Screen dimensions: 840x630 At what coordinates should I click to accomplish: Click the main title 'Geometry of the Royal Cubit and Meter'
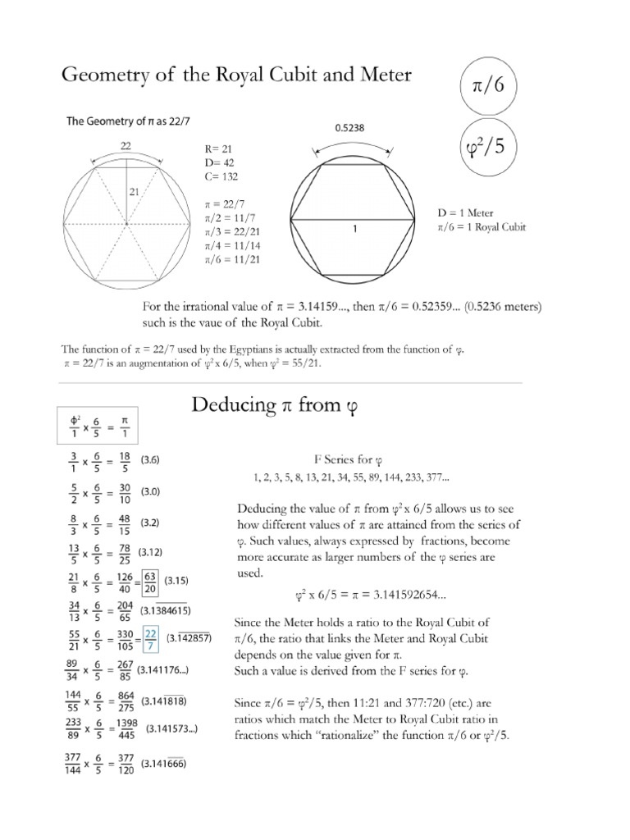237,75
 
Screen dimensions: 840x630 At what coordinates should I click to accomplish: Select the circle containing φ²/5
491,153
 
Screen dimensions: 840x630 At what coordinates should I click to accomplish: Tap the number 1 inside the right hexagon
354,231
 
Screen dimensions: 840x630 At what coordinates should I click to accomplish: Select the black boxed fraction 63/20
150,582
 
